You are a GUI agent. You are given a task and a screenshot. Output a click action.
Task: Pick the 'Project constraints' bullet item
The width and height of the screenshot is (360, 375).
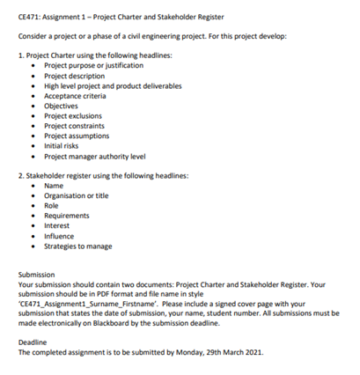point(74,125)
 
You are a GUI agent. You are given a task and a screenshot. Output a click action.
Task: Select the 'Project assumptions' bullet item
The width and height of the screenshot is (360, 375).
point(77,136)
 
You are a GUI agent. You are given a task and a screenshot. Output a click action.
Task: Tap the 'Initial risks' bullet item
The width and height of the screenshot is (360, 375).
point(63,145)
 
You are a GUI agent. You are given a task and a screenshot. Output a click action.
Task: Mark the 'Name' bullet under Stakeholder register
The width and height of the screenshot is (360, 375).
point(54,186)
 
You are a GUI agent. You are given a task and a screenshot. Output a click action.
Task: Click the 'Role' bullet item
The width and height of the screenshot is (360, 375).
point(52,205)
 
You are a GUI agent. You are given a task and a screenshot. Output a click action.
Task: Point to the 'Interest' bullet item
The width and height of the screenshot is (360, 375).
point(58,225)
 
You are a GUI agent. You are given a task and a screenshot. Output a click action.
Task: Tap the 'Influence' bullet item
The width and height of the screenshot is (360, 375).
point(60,236)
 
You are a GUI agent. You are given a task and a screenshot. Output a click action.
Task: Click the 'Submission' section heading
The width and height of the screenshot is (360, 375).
point(36,275)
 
